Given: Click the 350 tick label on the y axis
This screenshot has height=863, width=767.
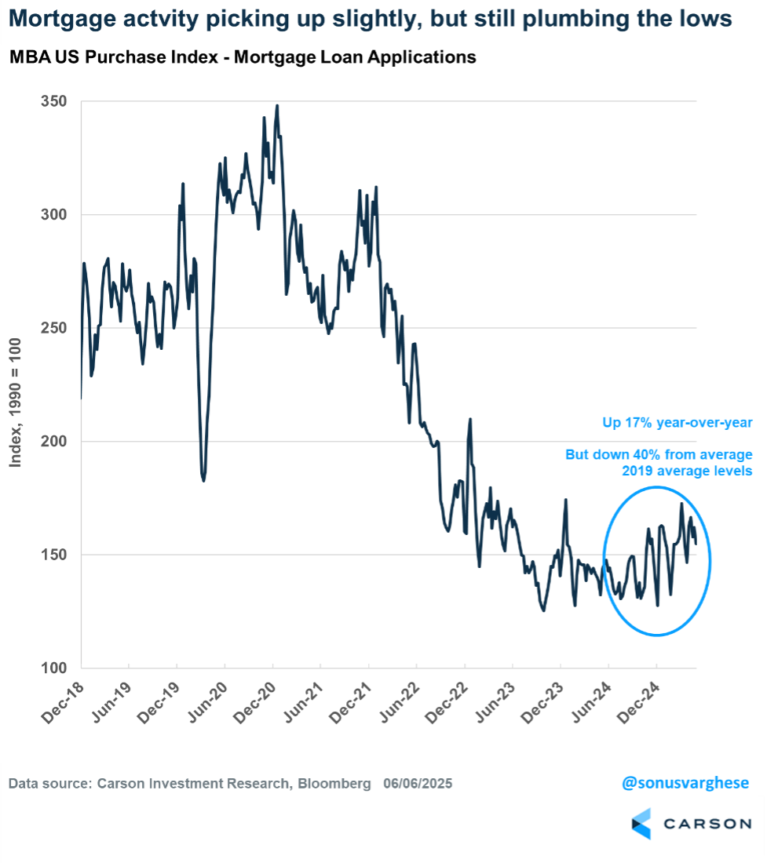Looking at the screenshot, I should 53,102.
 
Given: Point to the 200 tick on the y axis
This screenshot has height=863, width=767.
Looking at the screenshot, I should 53,442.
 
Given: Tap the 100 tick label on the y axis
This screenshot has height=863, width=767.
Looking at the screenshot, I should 53,668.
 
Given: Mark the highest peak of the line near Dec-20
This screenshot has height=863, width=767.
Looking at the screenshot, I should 277,105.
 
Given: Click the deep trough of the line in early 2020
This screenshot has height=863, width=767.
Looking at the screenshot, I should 203,480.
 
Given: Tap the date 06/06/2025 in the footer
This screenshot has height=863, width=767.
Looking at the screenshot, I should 418,784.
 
